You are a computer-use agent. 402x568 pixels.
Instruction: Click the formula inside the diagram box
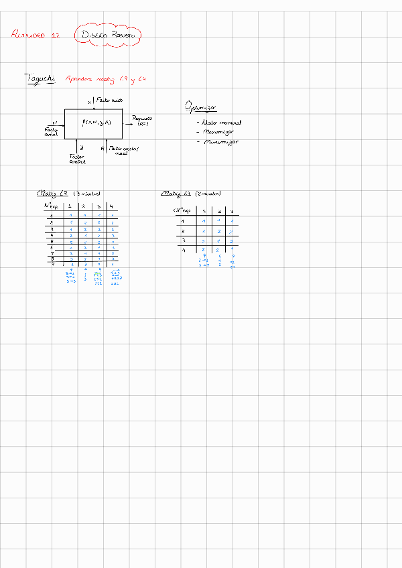tap(96, 123)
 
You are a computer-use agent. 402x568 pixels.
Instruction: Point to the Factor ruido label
tap(109, 100)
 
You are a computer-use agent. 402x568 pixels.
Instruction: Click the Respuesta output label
tap(143, 121)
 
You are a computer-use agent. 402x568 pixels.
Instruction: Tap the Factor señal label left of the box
tap(51, 131)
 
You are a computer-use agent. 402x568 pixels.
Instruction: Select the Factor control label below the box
tap(77, 159)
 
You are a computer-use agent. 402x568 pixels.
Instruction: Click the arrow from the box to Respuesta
tap(126, 123)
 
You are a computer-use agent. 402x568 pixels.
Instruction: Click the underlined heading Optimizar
tap(200, 108)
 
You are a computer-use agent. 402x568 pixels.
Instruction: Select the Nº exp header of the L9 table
tap(51, 206)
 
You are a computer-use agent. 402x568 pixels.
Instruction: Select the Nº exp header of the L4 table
tap(182, 211)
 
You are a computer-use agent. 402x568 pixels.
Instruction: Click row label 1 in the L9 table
tap(51, 216)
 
